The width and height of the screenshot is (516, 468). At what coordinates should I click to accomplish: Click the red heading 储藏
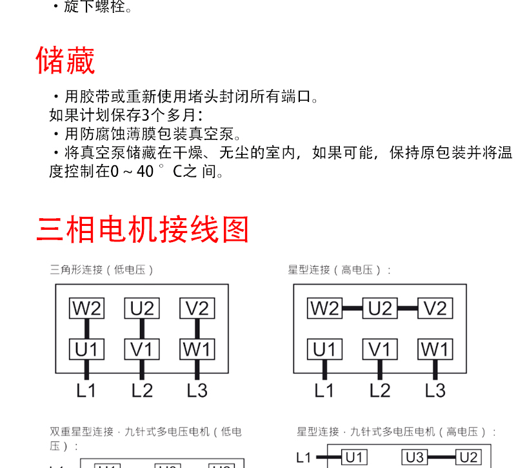[x=65, y=61]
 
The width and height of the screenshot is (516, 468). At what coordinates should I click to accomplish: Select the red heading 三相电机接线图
[x=143, y=230]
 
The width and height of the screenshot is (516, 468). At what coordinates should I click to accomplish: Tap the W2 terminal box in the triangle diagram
[x=86, y=309]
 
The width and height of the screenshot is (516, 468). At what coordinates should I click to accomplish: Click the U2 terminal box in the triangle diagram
[x=142, y=309]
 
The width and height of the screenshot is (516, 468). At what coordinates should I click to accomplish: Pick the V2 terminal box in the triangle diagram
[x=197, y=309]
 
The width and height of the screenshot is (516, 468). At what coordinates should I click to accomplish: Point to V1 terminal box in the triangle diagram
[x=142, y=349]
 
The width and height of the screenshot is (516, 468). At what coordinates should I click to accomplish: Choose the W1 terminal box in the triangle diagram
[x=197, y=349]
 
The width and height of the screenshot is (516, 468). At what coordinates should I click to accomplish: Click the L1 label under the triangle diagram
[x=86, y=390]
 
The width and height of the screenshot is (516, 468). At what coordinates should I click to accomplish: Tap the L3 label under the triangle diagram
[x=197, y=390]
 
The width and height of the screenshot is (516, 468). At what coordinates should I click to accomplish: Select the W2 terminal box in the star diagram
[x=325, y=309]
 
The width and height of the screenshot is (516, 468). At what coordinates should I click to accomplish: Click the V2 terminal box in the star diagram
[x=435, y=309]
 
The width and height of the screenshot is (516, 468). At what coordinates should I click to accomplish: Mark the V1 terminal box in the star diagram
[x=380, y=349]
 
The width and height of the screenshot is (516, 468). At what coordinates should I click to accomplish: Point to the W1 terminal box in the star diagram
[x=435, y=349]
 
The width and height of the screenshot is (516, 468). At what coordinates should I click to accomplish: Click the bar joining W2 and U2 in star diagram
[x=352, y=309]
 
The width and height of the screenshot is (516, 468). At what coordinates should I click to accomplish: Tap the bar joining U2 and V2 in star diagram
[x=408, y=309]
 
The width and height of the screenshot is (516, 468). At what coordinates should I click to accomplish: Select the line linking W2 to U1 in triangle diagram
[x=86, y=329]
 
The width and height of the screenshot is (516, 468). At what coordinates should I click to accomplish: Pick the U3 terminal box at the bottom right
[x=415, y=458]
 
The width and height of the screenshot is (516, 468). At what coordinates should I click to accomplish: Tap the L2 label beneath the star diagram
[x=380, y=390]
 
